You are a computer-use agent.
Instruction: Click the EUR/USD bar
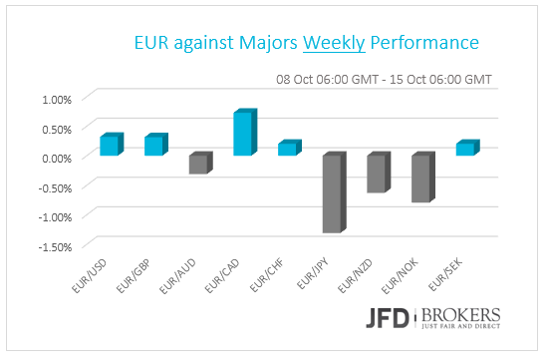point(111,146)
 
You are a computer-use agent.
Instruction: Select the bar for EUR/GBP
point(154,146)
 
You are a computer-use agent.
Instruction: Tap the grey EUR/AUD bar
point(199,164)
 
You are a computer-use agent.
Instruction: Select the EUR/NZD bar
point(377,174)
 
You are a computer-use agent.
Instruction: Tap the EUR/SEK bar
point(465,149)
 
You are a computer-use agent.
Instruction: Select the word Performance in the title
point(424,44)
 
